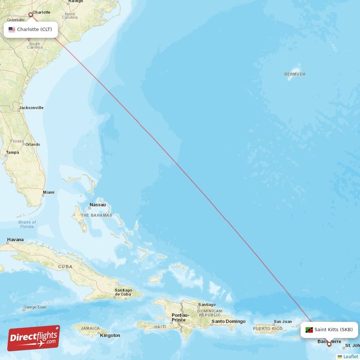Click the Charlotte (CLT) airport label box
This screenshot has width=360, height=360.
click(x=31, y=30)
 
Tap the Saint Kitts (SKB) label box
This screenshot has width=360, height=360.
click(x=329, y=330)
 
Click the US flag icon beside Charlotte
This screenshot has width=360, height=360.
click(x=12, y=30)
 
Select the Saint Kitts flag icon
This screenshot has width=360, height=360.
click(x=309, y=330)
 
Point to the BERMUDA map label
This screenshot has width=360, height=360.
click(x=295, y=74)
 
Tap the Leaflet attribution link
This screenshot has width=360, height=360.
click(x=351, y=356)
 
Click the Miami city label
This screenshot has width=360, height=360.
click(x=48, y=193)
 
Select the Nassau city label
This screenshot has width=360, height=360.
click(x=98, y=205)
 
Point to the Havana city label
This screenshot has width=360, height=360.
click(x=15, y=240)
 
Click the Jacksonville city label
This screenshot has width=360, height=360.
click(x=31, y=108)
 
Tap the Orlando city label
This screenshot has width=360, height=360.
click(x=32, y=144)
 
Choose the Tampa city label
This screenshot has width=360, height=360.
click(x=13, y=153)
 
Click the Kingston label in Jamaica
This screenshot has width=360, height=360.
click(x=110, y=335)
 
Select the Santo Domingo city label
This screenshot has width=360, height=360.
click(x=229, y=321)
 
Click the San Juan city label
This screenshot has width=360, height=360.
click(x=283, y=321)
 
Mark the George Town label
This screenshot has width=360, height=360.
click(x=35, y=307)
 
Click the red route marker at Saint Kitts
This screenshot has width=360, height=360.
click(x=329, y=344)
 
